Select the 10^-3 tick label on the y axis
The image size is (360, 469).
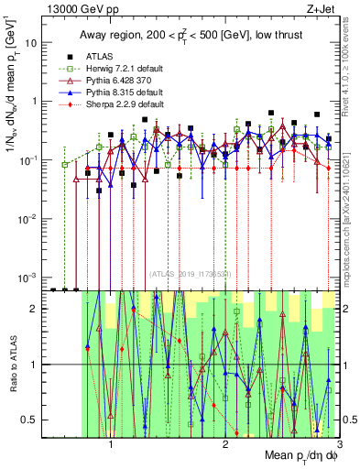[x=27, y=277]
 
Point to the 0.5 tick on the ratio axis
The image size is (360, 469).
[x=29, y=420]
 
